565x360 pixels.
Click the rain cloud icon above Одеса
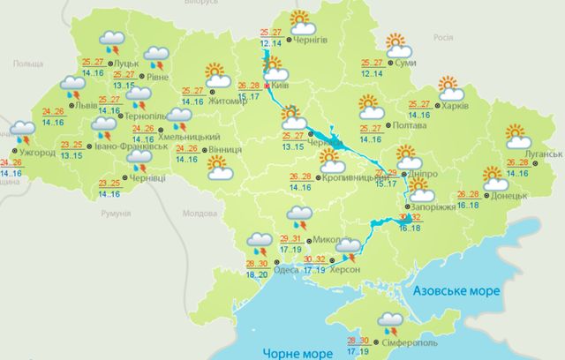click(259, 240)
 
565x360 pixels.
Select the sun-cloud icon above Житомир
click(215, 75)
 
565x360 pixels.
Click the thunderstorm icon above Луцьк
click(112, 40)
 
